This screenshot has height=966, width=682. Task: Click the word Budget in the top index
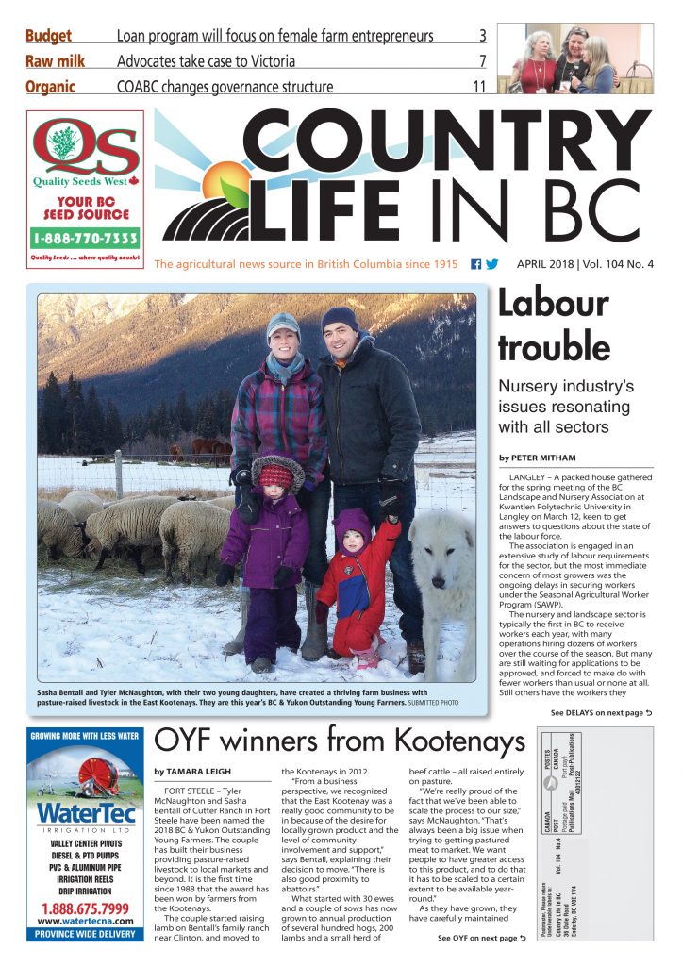49,37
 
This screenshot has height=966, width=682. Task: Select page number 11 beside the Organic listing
479,87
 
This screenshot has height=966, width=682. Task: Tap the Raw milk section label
55,62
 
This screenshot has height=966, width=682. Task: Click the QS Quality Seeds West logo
85,151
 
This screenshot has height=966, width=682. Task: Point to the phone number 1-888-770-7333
85,237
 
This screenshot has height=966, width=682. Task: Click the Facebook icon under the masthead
475,264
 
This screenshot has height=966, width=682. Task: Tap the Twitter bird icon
491,264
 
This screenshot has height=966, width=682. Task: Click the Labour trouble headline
553,325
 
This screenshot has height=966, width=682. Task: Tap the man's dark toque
340,320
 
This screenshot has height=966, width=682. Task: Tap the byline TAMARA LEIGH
198,771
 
